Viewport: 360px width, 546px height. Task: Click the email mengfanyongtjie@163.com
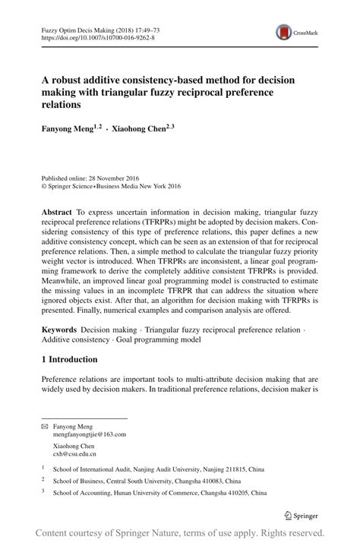coord(90,434)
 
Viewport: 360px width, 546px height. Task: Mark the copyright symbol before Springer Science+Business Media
coord(45,184)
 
